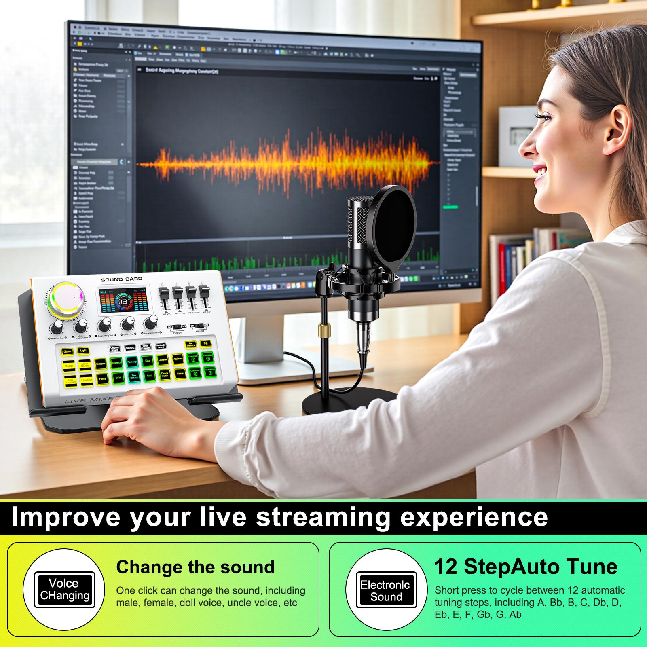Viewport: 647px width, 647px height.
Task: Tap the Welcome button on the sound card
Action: [x=101, y=364]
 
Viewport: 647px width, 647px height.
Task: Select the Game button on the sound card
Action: [x=68, y=351]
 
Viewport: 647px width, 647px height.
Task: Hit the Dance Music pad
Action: [x=165, y=375]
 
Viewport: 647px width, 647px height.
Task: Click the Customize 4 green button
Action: [x=210, y=371]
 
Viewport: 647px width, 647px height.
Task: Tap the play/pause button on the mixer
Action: [x=205, y=343]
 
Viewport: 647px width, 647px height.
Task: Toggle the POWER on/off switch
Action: [x=177, y=327]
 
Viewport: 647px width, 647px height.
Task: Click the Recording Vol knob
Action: [x=105, y=323]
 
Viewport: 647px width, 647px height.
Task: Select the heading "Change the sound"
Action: [x=195, y=567]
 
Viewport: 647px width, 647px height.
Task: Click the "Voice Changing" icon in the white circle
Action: [x=65, y=590]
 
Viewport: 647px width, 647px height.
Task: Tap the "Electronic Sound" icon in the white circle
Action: [x=386, y=590]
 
